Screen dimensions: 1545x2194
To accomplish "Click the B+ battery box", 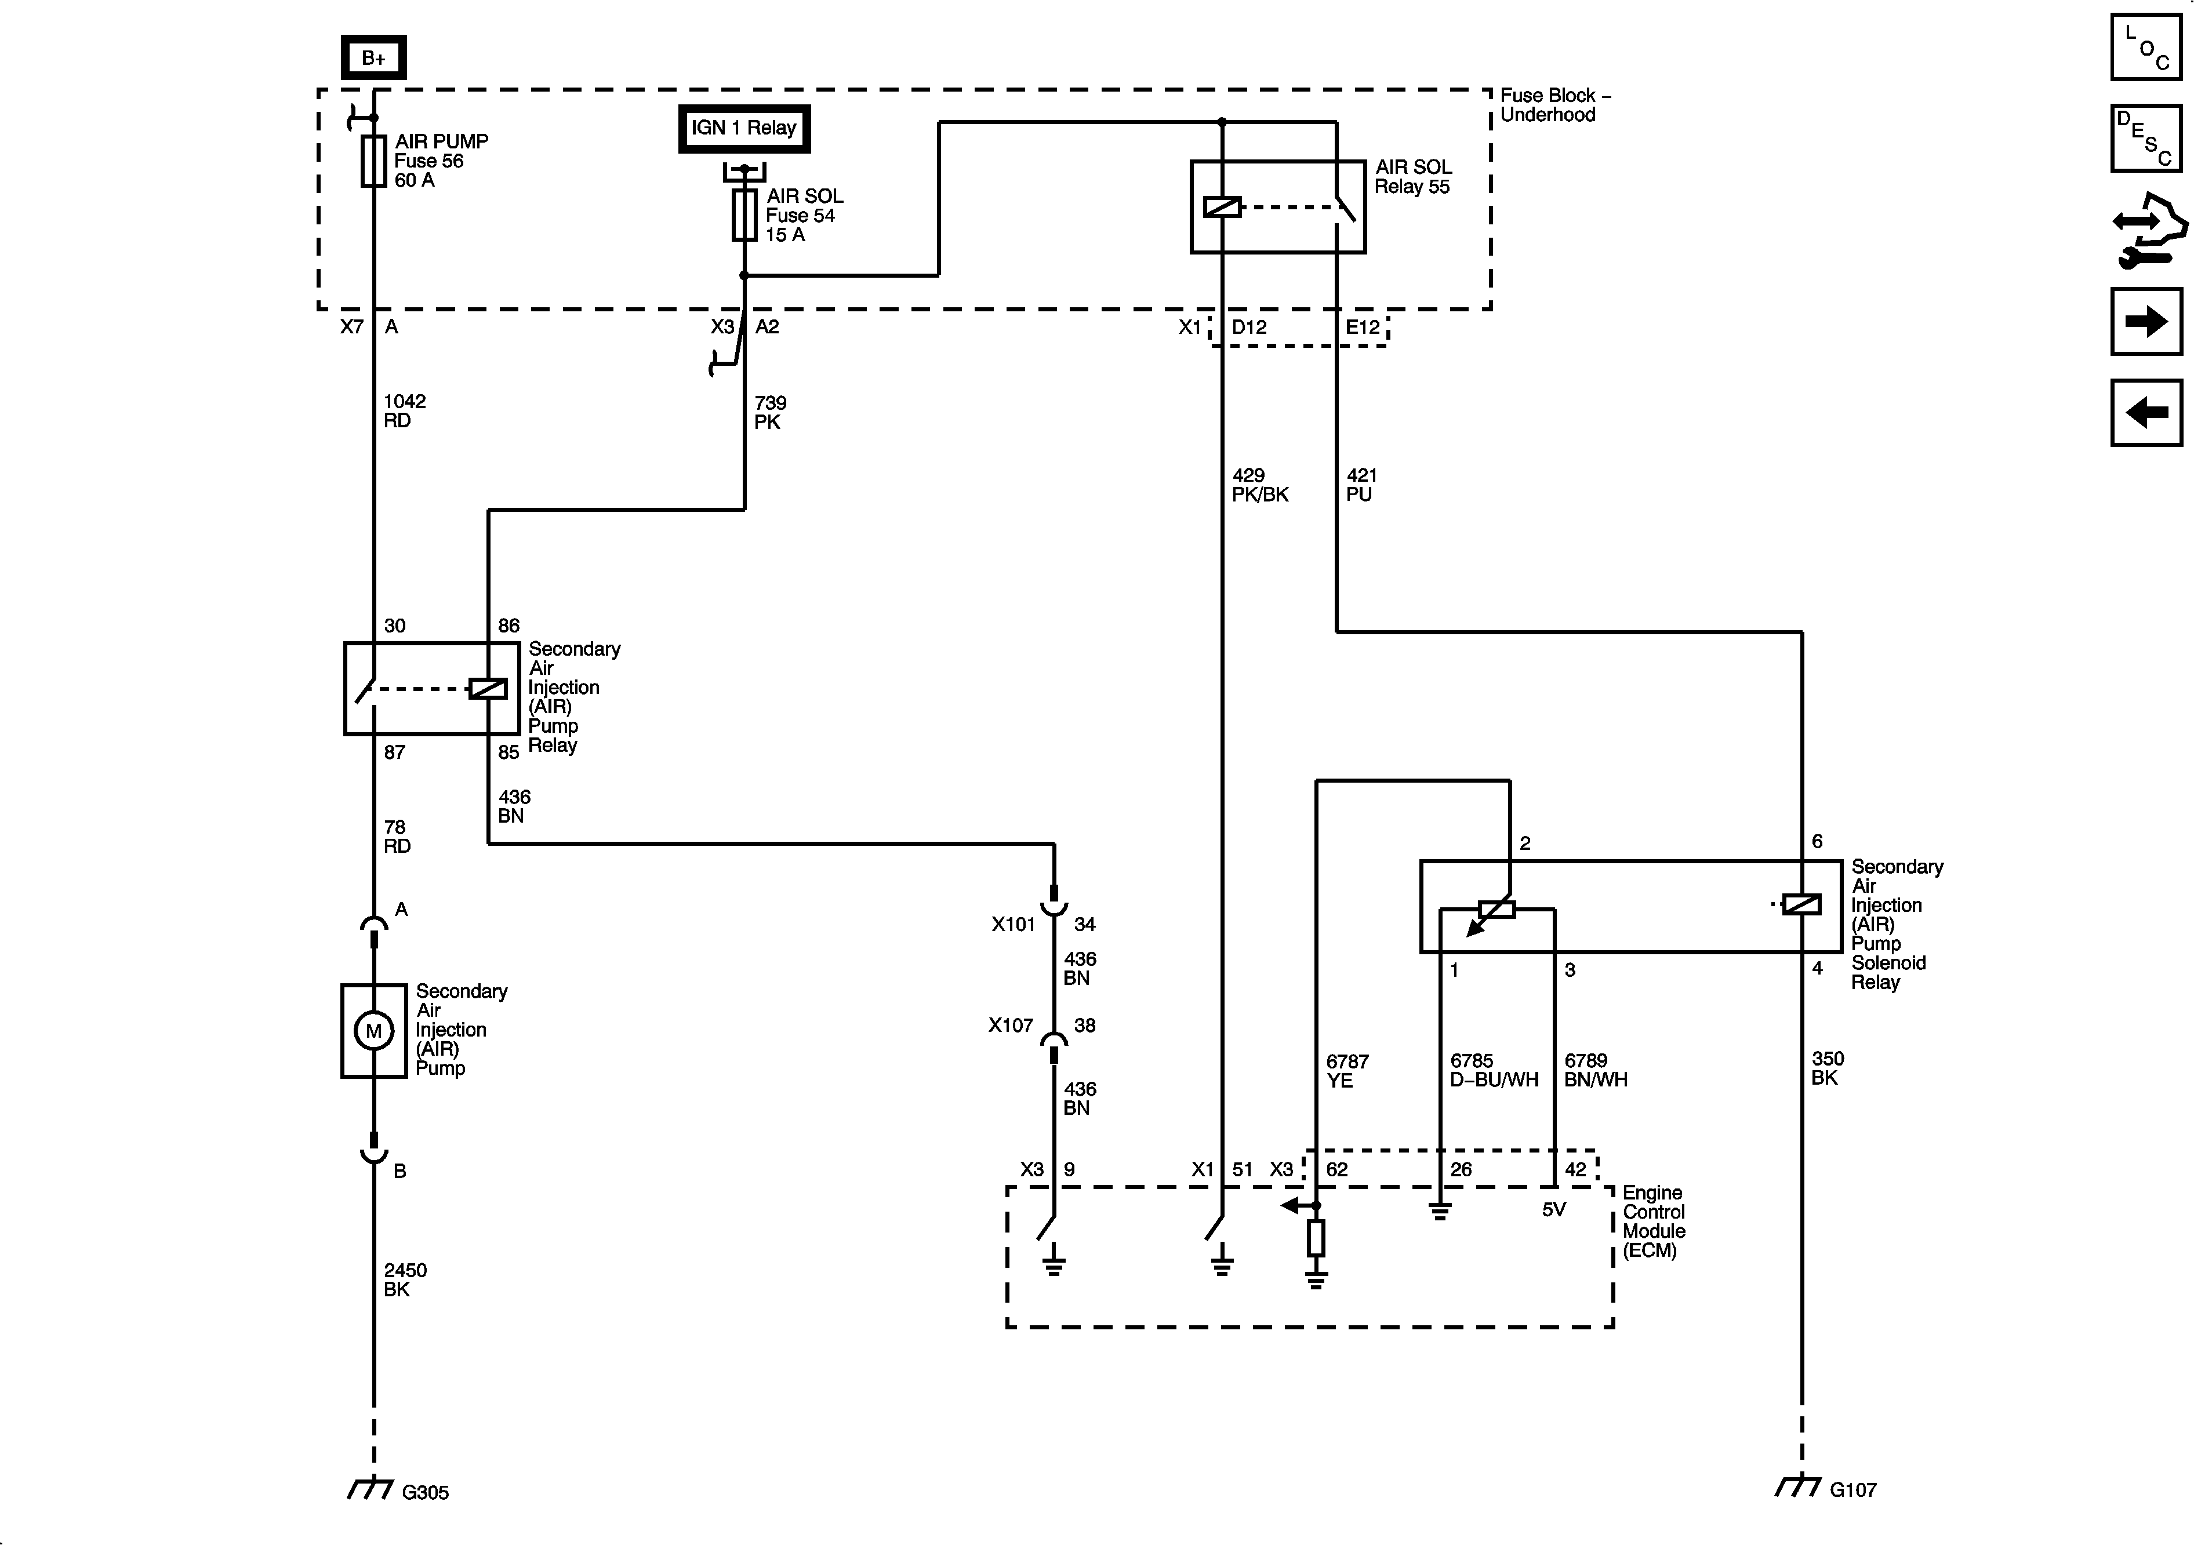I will [373, 59].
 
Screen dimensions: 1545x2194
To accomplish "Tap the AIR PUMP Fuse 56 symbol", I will [373, 159].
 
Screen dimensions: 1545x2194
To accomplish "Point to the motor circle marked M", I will [373, 1031].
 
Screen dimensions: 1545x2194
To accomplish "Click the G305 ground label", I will [424, 1492].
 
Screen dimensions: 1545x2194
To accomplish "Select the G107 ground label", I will [1853, 1489].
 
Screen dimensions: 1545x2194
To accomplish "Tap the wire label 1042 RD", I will [404, 411].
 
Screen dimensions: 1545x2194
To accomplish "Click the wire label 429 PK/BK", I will [1259, 485].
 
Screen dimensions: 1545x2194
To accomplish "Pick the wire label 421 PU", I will [1361, 485].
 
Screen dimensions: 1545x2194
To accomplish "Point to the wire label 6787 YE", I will [1346, 1070].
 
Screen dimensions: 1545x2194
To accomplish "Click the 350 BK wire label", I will [1827, 1067].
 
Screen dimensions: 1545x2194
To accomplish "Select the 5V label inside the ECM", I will [1554, 1210].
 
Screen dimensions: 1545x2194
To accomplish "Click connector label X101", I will [1013, 924].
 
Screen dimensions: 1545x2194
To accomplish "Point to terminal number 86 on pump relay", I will [508, 626].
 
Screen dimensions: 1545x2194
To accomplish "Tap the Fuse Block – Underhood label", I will [1554, 105].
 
